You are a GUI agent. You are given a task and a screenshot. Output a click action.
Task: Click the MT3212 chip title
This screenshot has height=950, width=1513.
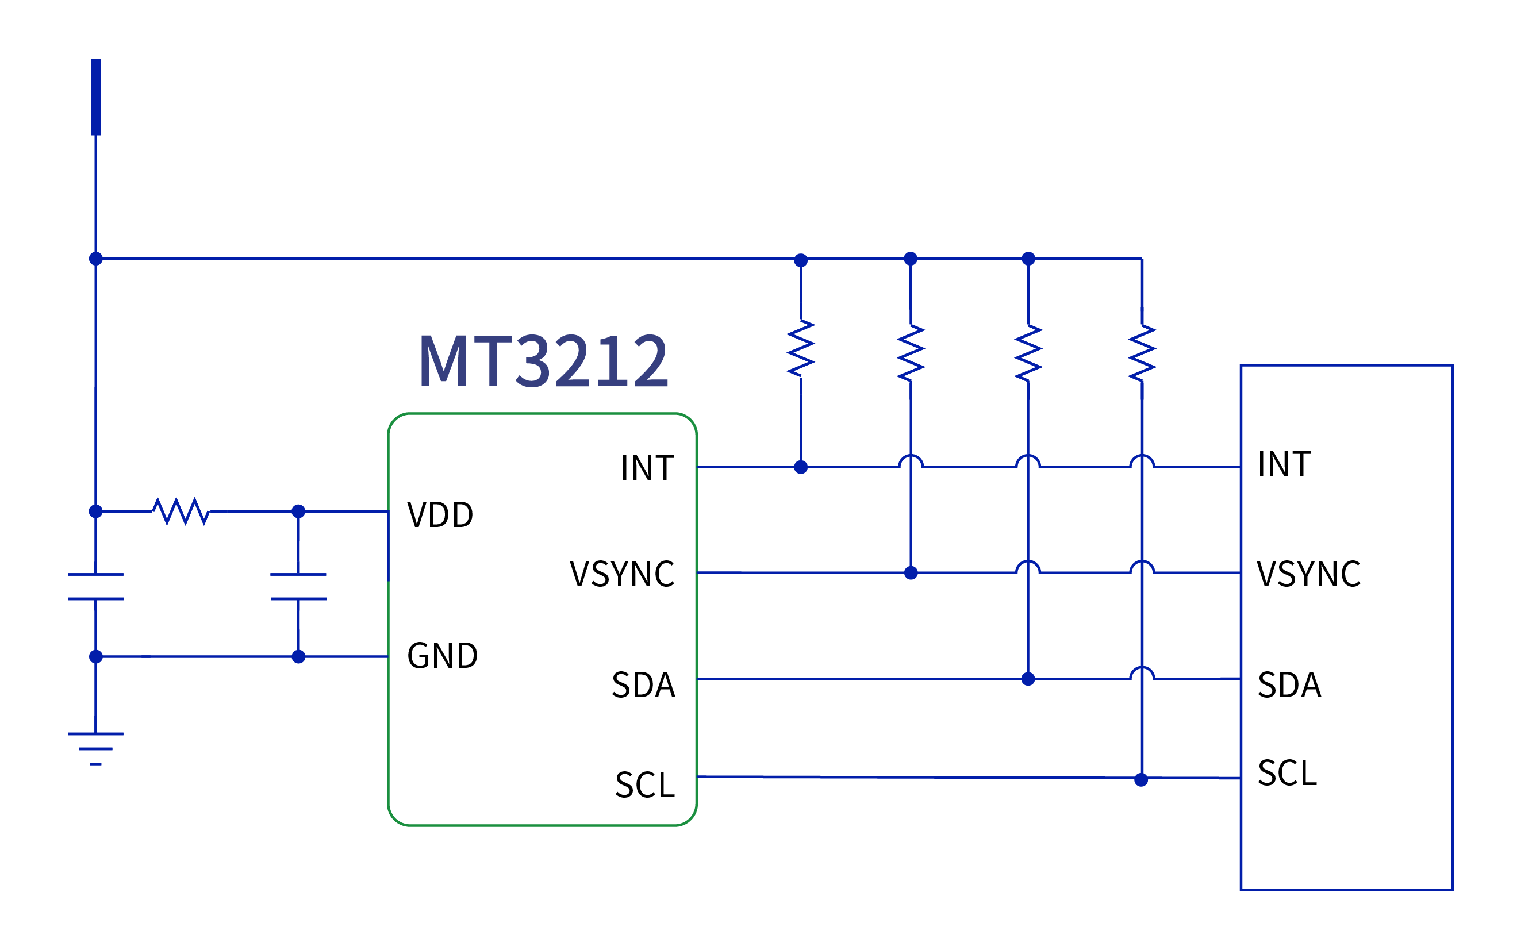point(543,361)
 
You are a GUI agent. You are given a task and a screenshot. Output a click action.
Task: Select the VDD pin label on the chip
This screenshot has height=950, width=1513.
point(440,515)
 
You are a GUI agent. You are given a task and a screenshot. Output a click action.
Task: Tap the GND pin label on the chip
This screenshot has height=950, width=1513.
point(442,656)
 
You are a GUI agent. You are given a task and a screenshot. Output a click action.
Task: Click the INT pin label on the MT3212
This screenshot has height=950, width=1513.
point(647,469)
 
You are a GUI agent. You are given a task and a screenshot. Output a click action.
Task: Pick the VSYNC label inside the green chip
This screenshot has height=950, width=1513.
point(622,574)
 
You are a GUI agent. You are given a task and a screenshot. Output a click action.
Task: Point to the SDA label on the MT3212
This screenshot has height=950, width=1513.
point(643,686)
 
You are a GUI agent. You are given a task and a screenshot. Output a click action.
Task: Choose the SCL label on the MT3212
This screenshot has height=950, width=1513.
point(644,786)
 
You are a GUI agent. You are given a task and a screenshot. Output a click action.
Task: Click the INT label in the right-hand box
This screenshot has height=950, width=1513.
point(1284,465)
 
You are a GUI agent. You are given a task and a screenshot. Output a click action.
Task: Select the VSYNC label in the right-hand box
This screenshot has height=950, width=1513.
point(1309,574)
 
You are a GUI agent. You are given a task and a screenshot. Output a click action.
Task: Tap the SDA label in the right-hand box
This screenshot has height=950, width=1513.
point(1290,686)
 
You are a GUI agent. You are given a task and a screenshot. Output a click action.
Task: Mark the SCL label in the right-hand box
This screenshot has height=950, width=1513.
point(1288,774)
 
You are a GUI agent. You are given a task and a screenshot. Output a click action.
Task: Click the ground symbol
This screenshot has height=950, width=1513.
point(95,748)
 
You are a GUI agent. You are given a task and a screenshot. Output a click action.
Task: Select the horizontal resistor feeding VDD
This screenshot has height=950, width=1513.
point(181,511)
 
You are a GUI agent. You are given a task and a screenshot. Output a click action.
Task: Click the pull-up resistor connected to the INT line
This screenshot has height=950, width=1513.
point(801,349)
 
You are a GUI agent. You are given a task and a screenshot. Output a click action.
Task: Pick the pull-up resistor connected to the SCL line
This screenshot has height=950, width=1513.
point(1142,353)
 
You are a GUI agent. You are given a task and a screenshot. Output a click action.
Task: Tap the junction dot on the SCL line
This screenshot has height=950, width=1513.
point(1141,780)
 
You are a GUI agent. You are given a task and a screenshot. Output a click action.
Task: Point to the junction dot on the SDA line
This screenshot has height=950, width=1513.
point(1028,679)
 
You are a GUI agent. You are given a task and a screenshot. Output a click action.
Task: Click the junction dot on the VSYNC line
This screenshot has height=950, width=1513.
point(911,573)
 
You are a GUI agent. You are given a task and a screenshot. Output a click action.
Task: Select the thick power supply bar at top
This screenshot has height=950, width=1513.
point(96,97)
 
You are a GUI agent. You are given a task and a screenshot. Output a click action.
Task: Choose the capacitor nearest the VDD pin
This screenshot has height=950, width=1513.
point(298,586)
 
